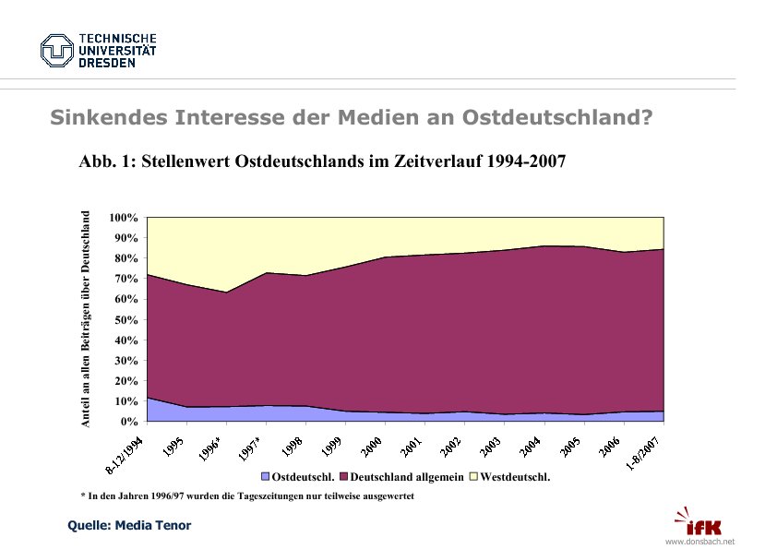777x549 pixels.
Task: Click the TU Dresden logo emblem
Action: coord(56,50)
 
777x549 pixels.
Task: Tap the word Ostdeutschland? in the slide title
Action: coord(556,118)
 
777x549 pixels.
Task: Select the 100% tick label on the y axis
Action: coord(124,218)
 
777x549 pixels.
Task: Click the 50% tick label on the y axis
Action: coord(126,320)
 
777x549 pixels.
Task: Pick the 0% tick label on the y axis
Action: coord(129,422)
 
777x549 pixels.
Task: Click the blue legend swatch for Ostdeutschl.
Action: coord(266,478)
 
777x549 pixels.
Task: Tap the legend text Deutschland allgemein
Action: coord(407,478)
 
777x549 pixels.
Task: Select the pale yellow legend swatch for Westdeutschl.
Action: coord(474,478)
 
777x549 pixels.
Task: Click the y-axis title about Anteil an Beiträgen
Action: coord(86,319)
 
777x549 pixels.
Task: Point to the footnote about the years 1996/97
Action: coord(247,496)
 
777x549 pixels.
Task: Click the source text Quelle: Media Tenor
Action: coord(130,526)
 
